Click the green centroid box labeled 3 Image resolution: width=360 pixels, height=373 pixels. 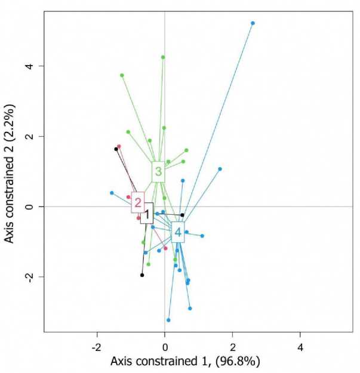(158, 172)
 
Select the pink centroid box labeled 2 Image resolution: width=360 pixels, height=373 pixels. (138, 202)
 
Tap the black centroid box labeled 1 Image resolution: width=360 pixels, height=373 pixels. (147, 213)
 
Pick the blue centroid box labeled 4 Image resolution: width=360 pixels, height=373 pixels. (177, 232)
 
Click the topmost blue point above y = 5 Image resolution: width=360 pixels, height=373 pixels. (253, 23)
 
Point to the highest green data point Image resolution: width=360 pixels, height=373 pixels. (163, 57)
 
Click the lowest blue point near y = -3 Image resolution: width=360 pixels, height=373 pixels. (168, 320)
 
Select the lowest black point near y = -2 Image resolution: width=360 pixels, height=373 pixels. (142, 275)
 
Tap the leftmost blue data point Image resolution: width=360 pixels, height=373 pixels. (112, 193)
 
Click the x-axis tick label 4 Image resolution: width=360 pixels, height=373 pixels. (300, 347)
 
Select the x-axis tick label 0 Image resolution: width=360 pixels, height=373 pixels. (165, 347)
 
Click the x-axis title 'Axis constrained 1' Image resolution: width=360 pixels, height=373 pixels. (184, 361)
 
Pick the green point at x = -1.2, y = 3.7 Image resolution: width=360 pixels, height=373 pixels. (122, 75)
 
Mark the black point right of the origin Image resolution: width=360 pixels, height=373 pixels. (183, 215)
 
